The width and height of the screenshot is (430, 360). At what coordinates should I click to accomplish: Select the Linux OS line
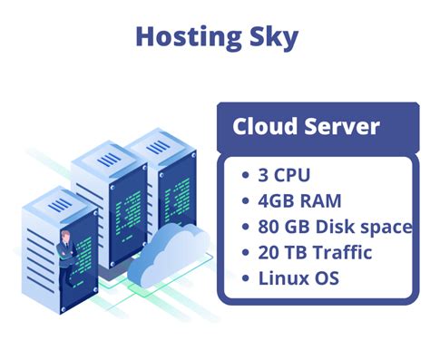tap(300, 277)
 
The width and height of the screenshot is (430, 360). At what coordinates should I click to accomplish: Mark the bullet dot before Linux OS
tap(246, 278)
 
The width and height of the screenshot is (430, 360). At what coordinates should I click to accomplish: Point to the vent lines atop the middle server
tap(108, 160)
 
